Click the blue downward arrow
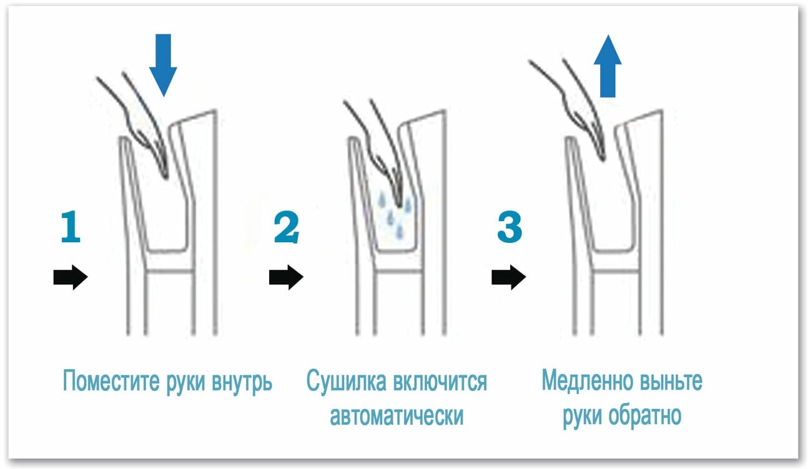click(x=163, y=64)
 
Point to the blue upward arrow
click(x=608, y=66)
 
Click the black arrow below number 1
click(x=70, y=276)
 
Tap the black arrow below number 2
click(x=286, y=276)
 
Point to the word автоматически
click(x=397, y=416)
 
